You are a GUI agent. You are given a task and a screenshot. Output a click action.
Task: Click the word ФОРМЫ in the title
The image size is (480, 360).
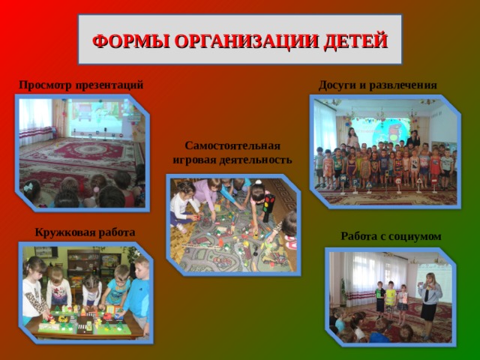[131, 40]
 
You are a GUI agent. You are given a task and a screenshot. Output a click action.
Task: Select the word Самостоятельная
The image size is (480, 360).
[232, 145]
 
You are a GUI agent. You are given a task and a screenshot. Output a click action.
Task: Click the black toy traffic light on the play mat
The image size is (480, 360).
[268, 207]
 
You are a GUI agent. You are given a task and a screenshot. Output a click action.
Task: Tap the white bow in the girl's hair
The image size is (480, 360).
[28, 186]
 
